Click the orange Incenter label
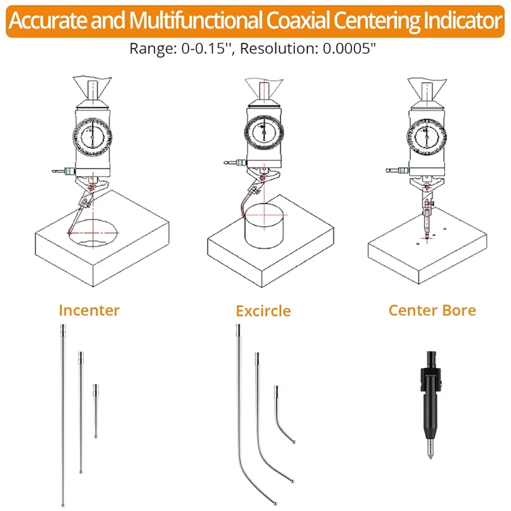point(89,311)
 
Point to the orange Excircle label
point(263,311)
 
